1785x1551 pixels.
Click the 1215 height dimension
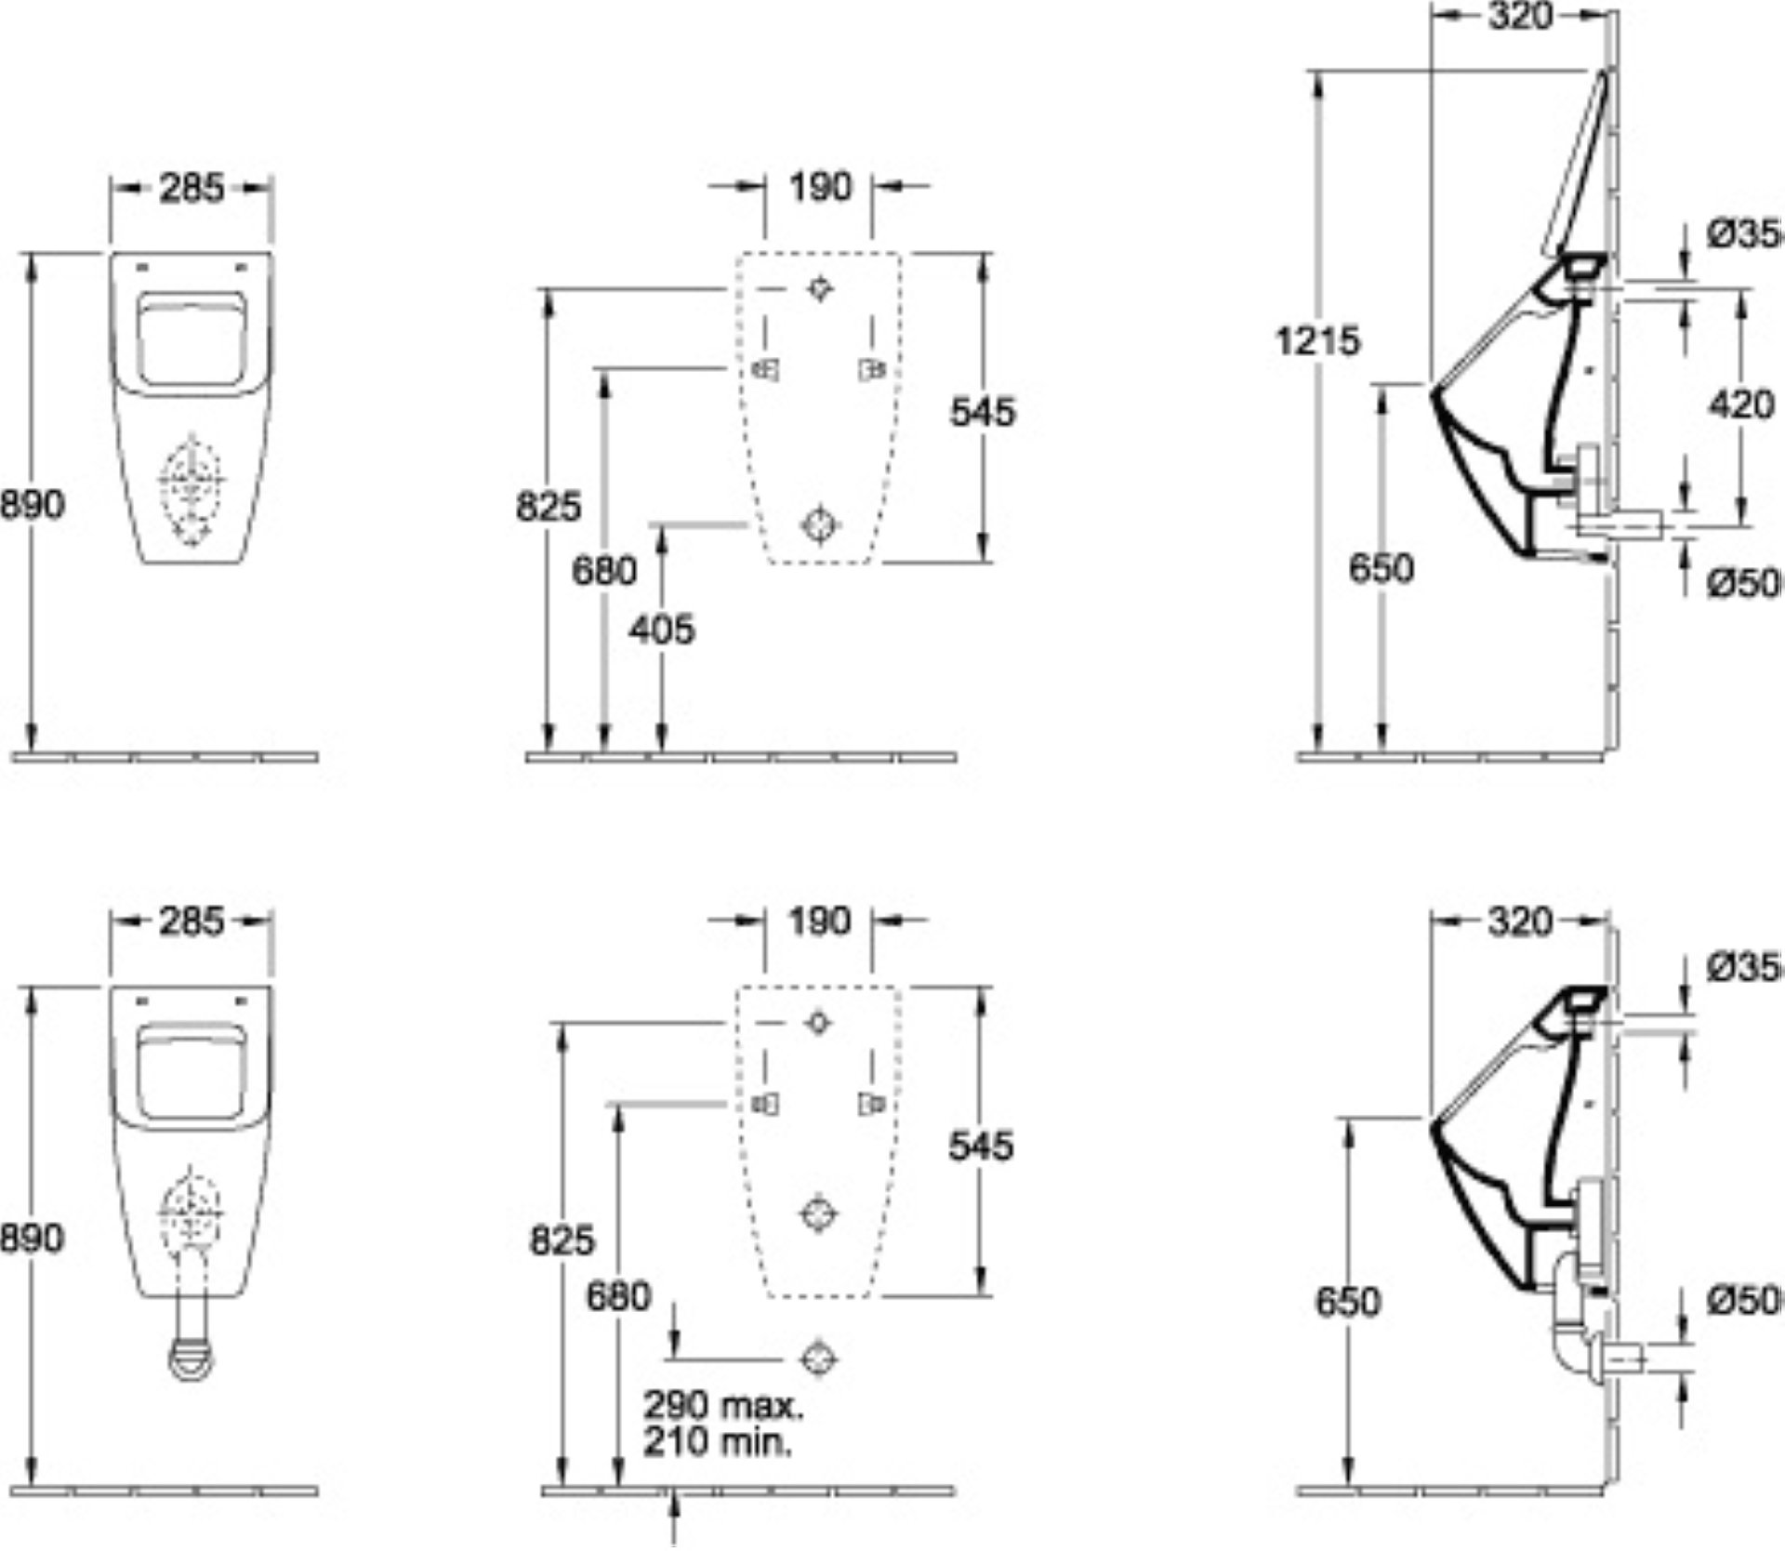click(1317, 341)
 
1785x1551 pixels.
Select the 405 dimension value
click(661, 630)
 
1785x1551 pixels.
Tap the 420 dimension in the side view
click(1741, 404)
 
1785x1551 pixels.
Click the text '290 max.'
click(723, 1405)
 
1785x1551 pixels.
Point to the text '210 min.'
click(719, 1442)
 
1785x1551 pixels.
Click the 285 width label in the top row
click(192, 189)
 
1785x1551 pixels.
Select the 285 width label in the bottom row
click(192, 921)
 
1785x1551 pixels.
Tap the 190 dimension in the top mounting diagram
click(819, 187)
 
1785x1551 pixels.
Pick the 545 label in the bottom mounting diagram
click(981, 1146)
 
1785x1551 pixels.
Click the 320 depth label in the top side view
click(1520, 16)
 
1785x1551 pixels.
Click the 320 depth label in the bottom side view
click(1520, 921)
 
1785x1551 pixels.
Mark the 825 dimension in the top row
click(549, 507)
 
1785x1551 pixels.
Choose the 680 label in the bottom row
click(618, 1296)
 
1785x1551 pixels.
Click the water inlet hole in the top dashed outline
click(819, 288)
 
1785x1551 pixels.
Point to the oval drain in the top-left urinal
click(192, 487)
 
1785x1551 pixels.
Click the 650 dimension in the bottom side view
click(1346, 1302)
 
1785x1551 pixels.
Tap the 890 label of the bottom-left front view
click(33, 1238)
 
